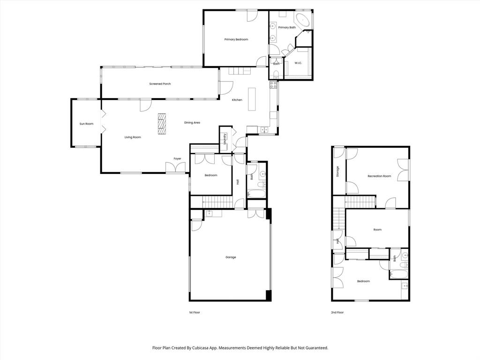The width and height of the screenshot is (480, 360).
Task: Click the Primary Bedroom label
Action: (x=236, y=39)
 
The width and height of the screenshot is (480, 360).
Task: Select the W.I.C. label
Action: (x=299, y=63)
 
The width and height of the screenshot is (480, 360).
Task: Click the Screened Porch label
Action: (x=160, y=84)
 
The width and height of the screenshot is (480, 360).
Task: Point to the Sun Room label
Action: (x=86, y=124)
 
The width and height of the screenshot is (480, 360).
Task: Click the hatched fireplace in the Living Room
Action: (x=162, y=123)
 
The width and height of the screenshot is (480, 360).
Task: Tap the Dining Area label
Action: (x=192, y=123)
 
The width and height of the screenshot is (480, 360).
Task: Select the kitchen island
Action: (x=252, y=98)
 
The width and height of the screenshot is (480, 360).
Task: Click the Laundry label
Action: (x=225, y=140)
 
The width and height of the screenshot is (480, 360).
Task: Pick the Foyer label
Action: (x=177, y=159)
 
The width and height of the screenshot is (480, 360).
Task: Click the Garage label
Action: (x=231, y=257)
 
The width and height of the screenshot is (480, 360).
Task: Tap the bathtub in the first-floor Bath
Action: (x=256, y=193)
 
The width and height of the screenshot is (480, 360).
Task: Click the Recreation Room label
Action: (x=379, y=176)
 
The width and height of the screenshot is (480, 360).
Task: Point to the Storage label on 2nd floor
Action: (x=337, y=172)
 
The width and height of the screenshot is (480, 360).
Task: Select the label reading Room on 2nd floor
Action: (x=377, y=230)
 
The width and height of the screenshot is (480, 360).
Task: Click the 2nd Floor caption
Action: (x=337, y=312)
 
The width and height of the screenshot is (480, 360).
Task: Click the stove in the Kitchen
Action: (x=273, y=85)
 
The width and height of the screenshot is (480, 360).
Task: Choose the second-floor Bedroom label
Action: (x=363, y=281)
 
